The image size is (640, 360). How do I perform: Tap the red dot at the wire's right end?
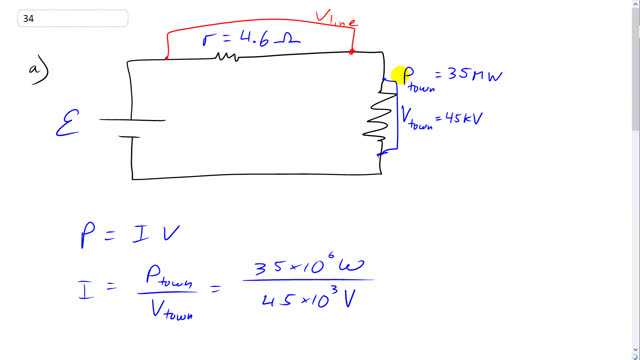[x=351, y=51]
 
